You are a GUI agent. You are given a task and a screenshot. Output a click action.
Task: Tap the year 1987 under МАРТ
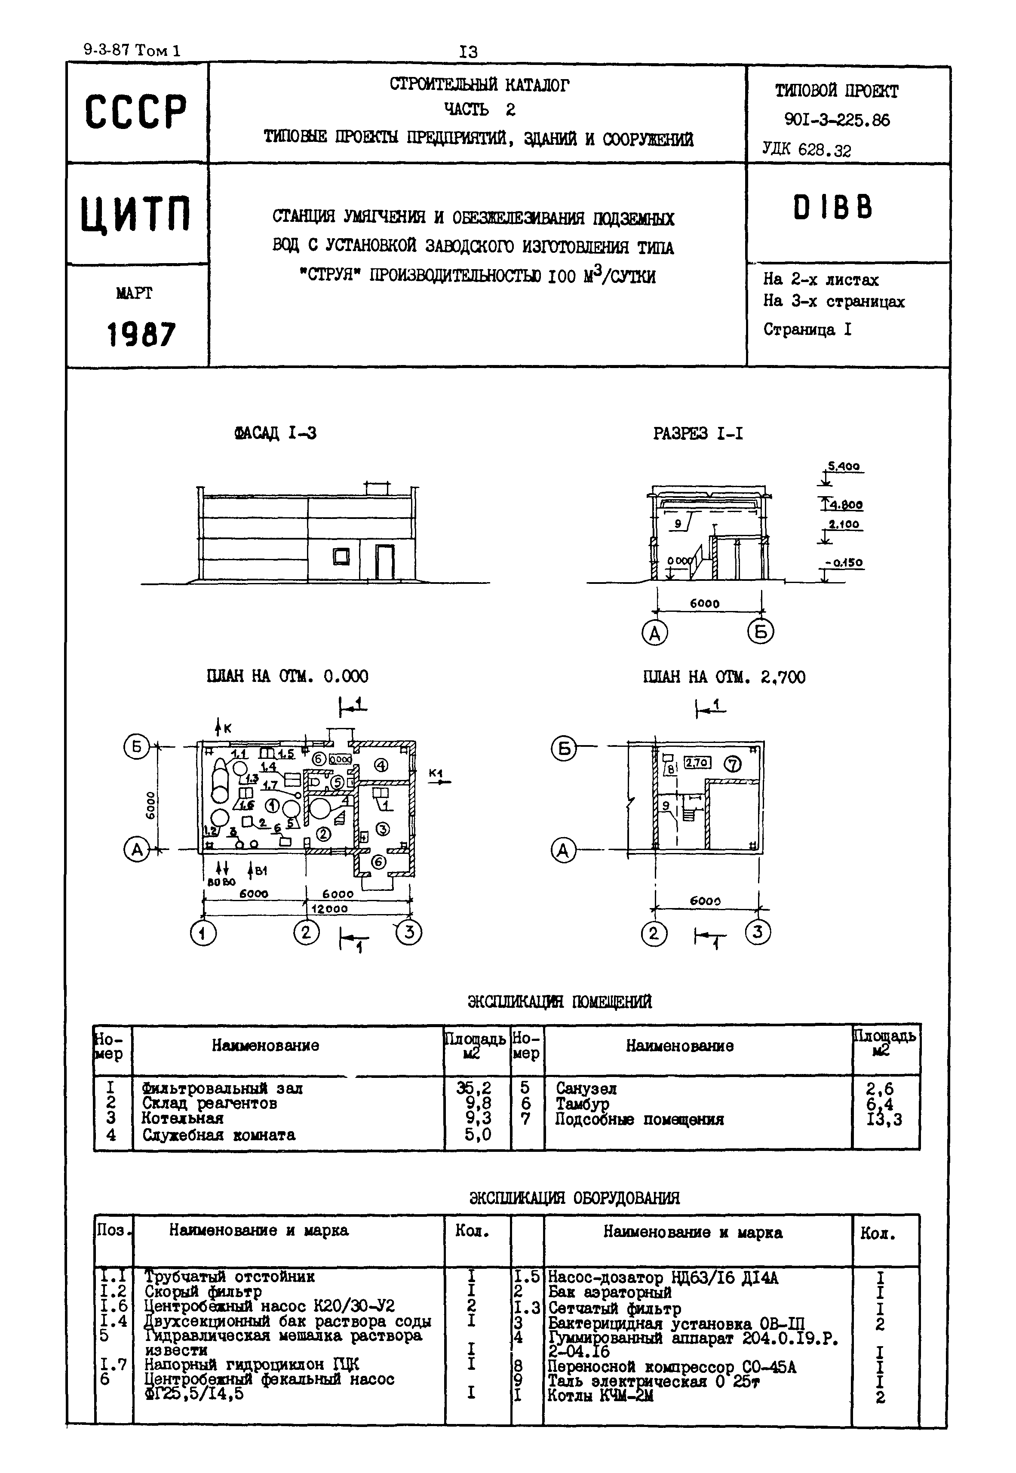141,334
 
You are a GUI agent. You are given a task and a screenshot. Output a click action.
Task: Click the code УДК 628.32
807,150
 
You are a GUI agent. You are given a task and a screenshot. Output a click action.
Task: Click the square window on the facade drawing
342,557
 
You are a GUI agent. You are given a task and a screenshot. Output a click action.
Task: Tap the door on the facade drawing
384,562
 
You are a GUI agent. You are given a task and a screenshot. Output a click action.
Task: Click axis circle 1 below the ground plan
203,934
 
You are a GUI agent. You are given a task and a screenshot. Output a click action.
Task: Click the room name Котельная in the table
183,1118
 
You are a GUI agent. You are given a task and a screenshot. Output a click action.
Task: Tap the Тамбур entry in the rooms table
582,1104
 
